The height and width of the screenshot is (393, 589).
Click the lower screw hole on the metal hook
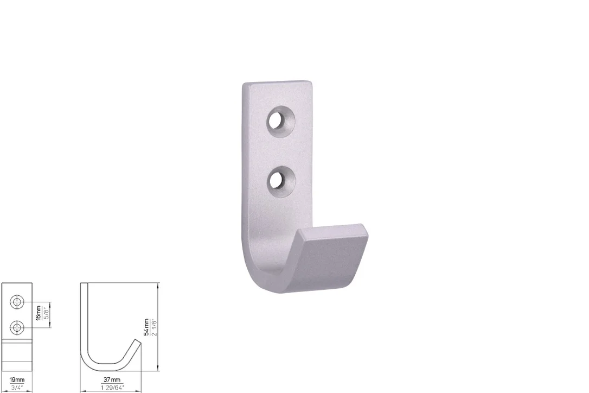click(280, 181)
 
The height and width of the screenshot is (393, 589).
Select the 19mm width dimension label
click(17, 380)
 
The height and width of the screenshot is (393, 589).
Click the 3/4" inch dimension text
click(17, 388)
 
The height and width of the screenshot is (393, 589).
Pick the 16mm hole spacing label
click(39, 313)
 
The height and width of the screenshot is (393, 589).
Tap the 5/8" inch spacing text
click(46, 313)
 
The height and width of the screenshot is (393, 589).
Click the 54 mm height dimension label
click(146, 327)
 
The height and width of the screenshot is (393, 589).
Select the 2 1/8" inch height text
click(153, 327)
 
